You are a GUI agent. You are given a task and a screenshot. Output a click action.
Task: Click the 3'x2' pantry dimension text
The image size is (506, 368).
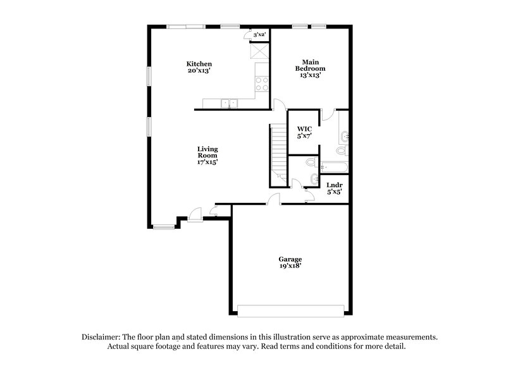click(x=259, y=34)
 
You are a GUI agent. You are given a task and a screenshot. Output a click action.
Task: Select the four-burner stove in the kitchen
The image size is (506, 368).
click(x=262, y=83)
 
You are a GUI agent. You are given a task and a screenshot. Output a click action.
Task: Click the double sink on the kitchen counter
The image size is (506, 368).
click(x=229, y=102)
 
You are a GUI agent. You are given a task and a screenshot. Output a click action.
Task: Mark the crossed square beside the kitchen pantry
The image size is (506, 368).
click(x=259, y=51)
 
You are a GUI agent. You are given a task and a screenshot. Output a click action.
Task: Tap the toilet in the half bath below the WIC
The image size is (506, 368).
click(x=310, y=163)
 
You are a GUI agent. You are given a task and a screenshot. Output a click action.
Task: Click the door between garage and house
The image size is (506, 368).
click(x=273, y=199)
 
